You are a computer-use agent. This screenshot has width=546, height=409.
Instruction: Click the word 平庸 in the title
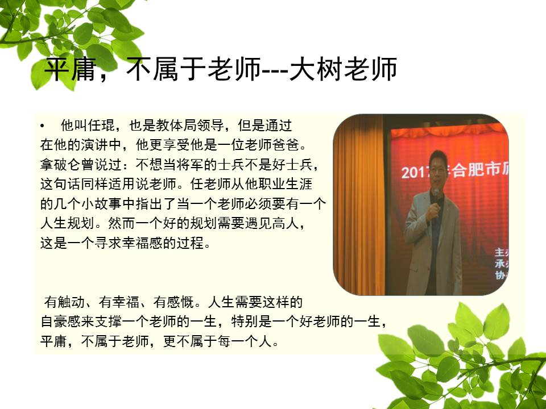71,69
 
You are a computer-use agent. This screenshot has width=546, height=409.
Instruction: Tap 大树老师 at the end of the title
344,69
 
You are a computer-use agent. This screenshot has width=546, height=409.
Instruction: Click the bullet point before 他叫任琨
42,126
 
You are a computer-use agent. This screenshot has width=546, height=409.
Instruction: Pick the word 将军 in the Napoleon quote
190,165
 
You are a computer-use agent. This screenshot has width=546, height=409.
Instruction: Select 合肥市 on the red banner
475,170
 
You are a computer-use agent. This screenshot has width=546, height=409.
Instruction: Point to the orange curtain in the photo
359,205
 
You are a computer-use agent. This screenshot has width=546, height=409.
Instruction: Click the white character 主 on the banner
500,252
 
